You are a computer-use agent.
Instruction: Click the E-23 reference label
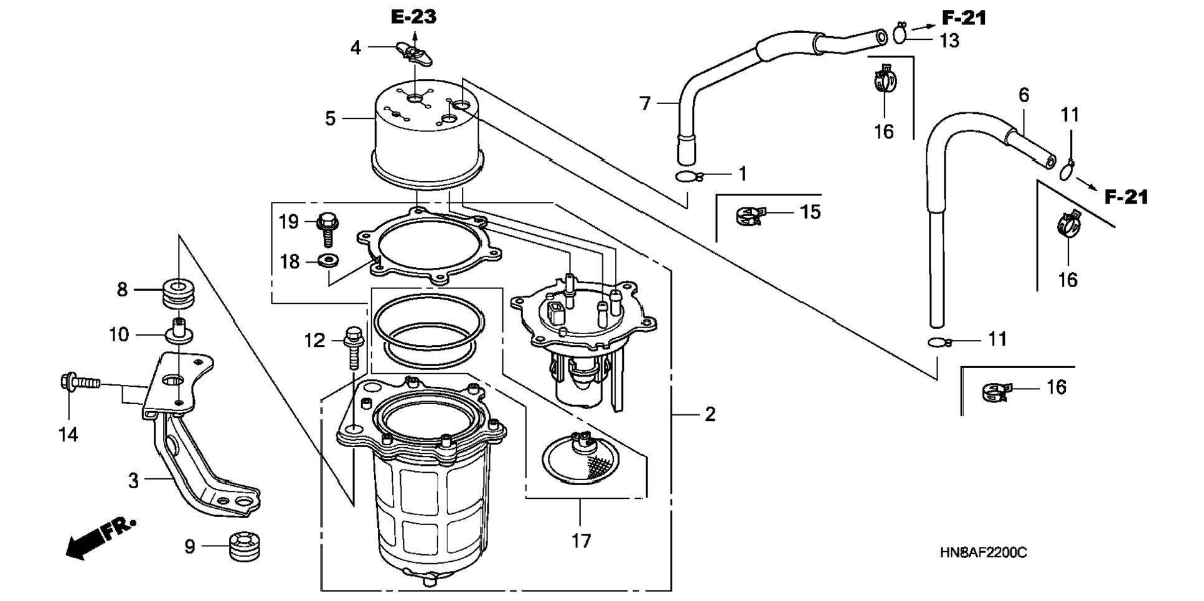[413, 17]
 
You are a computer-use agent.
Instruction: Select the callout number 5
[331, 118]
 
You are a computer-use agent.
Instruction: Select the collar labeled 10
[178, 330]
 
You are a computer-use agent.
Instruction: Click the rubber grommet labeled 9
[243, 546]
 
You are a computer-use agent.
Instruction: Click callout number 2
[710, 414]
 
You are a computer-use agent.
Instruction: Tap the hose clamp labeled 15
[749, 215]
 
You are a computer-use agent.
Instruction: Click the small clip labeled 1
[689, 177]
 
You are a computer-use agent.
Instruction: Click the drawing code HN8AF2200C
[984, 552]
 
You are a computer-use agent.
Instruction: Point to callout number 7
[645, 103]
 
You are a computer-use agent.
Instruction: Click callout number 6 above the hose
[1024, 95]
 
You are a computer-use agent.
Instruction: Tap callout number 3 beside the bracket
[133, 481]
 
